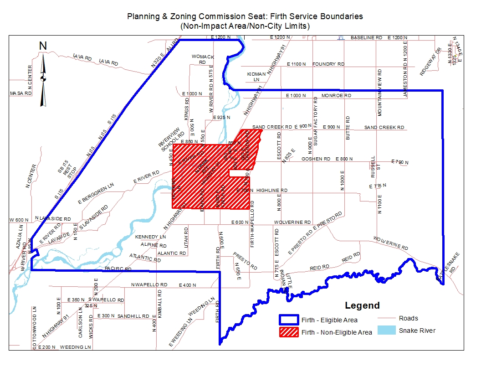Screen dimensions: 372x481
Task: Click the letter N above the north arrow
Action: pos(43,46)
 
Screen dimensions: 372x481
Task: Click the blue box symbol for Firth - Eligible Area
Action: pos(289,320)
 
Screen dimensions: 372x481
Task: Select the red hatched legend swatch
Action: pos(289,332)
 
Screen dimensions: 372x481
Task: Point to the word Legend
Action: pos(362,305)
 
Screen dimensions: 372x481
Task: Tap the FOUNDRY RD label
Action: pos(328,64)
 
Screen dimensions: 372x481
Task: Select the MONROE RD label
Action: pos(336,96)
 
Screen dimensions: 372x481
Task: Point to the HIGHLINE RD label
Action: pos(272,190)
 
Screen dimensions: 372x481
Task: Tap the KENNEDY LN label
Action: pos(151,238)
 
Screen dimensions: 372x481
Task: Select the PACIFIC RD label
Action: pos(118,269)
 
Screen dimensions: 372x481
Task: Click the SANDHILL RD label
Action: pos(133,316)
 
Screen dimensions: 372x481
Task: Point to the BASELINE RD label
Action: pos(367,37)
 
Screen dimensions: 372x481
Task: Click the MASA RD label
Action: pos(21,93)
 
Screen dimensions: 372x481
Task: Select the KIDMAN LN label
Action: pos(256,76)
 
